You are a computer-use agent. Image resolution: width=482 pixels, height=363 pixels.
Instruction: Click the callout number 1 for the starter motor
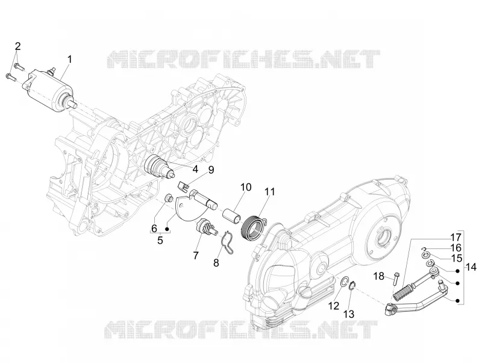(x=70, y=58)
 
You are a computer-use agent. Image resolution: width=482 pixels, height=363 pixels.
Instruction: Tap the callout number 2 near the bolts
(x=18, y=46)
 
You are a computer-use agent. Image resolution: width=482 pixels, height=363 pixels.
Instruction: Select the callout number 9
(x=211, y=170)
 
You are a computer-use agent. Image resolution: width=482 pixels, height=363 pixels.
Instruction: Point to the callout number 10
(x=246, y=187)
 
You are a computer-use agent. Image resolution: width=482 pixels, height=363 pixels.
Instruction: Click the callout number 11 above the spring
(x=269, y=192)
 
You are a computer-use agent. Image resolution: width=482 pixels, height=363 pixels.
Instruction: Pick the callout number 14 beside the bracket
(x=472, y=267)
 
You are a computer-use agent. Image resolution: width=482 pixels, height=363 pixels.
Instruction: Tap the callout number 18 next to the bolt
(x=379, y=276)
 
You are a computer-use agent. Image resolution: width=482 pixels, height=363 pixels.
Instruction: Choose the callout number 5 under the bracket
(x=160, y=240)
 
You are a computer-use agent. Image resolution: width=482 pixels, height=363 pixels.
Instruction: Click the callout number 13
(x=349, y=314)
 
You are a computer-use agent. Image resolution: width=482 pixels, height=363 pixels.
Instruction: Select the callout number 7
(x=196, y=255)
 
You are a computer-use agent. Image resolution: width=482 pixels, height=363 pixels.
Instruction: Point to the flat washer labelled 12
(x=345, y=281)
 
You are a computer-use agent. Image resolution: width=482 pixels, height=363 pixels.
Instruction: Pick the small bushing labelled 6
(x=169, y=198)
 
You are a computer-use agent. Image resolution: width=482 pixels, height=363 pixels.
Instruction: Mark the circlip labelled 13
(x=353, y=285)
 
